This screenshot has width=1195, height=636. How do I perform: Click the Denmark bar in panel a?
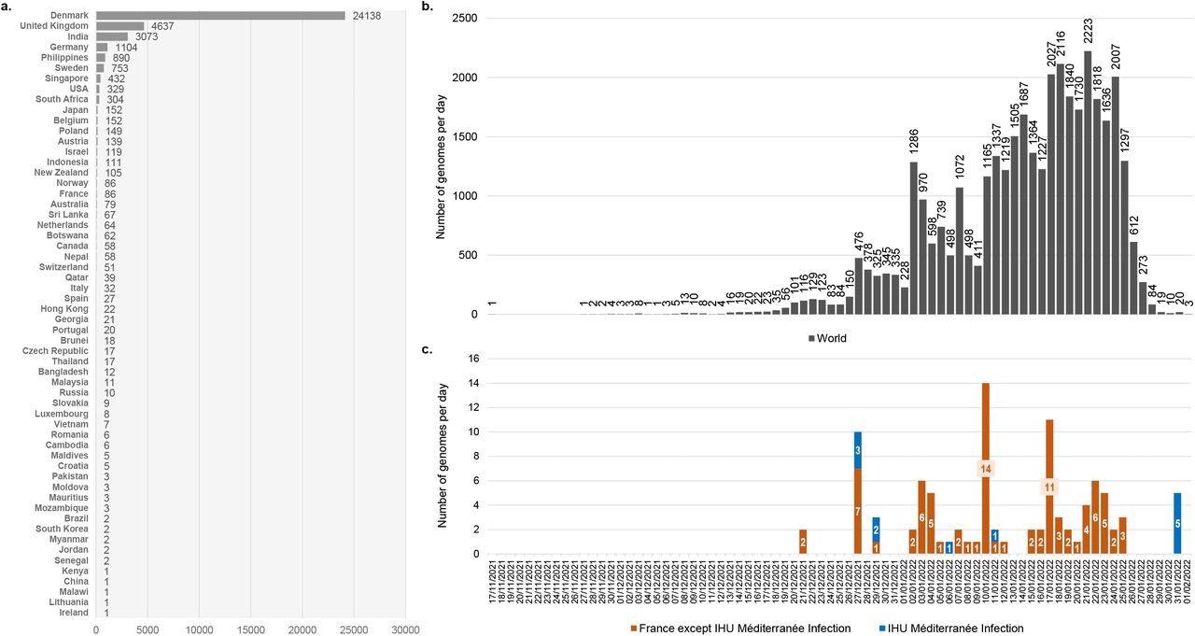(220, 16)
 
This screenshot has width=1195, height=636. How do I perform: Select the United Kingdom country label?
(54, 26)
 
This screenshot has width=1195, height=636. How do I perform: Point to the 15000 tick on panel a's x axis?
(250, 630)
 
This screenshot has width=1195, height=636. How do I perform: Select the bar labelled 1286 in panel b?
(913, 237)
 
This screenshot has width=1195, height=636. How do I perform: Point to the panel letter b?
(427, 7)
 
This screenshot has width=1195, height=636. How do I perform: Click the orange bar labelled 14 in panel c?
(985, 468)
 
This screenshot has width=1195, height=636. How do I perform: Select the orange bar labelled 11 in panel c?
(1049, 487)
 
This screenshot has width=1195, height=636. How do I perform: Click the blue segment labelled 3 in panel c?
(857, 450)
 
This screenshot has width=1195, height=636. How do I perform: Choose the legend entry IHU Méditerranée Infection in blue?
(955, 629)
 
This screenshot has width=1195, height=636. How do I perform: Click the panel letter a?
(5, 7)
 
